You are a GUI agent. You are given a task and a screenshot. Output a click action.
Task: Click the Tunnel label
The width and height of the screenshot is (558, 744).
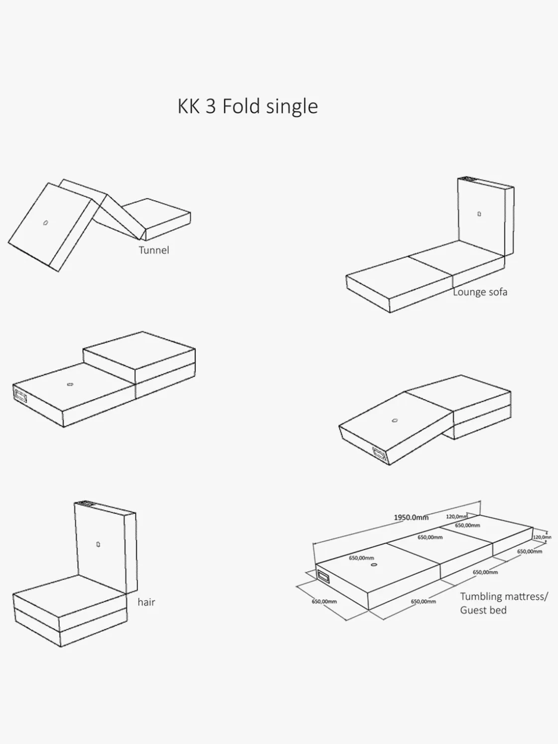(x=153, y=250)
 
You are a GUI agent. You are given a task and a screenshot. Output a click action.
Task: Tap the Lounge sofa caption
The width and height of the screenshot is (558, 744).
(x=480, y=292)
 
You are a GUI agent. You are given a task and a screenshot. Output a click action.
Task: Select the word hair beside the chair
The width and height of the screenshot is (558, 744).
(x=146, y=602)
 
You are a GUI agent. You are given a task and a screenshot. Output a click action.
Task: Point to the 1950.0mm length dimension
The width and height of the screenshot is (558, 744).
(x=411, y=517)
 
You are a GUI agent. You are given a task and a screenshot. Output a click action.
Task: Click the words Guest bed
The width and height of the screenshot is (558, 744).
(x=483, y=610)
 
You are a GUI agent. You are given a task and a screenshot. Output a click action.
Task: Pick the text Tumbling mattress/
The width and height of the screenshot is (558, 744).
(x=504, y=596)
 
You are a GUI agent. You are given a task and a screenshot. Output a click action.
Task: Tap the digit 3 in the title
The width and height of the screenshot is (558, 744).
(x=211, y=107)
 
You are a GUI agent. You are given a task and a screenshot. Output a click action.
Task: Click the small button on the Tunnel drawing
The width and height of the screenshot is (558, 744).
(x=45, y=223)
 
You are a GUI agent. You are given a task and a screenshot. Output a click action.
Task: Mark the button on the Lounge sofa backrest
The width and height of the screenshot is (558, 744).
(x=479, y=214)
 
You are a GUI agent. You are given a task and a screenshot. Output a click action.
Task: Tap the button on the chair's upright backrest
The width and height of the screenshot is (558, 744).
(x=98, y=544)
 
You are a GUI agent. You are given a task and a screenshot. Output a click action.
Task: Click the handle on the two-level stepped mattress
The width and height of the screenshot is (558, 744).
(x=21, y=395)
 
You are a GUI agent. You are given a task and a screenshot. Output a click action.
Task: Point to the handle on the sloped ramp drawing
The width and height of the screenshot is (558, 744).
(x=379, y=453)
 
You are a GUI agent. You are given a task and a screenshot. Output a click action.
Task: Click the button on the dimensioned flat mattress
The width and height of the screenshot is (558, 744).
(x=373, y=565)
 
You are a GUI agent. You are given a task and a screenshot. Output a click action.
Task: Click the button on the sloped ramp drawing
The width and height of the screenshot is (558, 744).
(x=395, y=420)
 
